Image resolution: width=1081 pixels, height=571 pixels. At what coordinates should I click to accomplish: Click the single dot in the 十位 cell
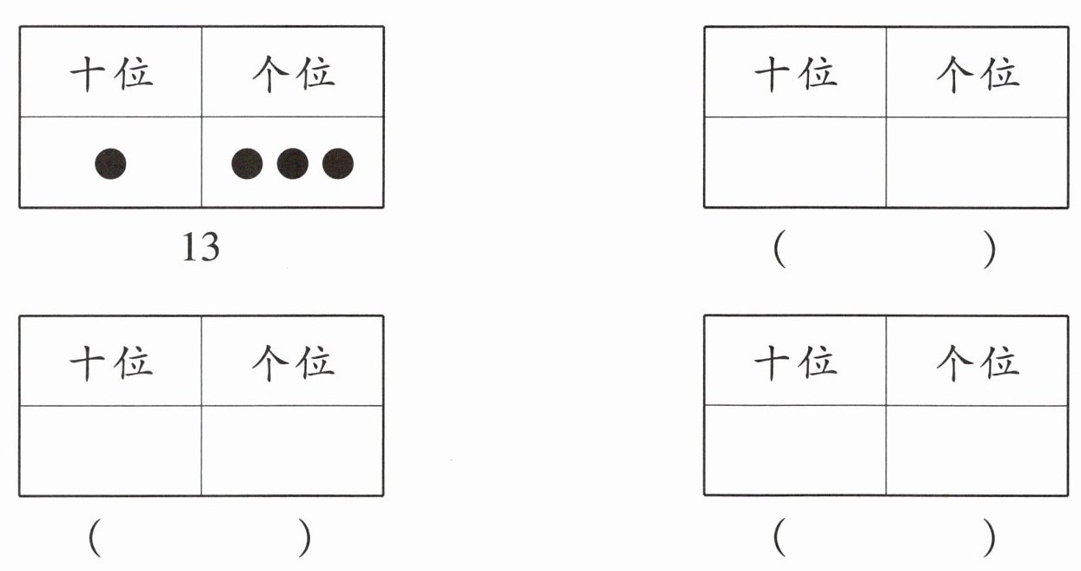[x=110, y=163]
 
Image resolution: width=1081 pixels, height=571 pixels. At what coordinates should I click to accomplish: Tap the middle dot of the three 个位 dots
[x=292, y=163]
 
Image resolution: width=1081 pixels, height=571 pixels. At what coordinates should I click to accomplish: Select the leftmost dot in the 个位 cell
[x=247, y=163]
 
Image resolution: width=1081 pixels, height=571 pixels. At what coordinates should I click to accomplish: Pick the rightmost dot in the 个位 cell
[x=338, y=163]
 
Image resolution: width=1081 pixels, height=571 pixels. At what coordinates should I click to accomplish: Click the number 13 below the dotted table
[x=201, y=249]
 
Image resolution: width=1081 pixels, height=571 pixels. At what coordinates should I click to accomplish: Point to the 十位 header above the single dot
[x=111, y=73]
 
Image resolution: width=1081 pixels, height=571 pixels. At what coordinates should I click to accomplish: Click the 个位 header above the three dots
[x=293, y=73]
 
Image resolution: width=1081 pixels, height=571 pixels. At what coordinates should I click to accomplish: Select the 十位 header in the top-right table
[x=795, y=73]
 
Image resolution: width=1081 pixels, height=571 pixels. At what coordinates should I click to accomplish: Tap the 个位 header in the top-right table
[x=977, y=73]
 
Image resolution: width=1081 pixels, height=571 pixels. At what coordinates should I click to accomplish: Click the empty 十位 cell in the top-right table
[x=795, y=163]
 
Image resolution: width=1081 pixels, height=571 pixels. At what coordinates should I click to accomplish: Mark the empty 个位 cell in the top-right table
[x=977, y=163]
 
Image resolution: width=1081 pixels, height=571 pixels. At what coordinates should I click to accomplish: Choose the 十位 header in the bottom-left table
[x=111, y=362]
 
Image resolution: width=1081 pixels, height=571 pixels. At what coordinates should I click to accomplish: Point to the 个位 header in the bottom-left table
[x=293, y=362]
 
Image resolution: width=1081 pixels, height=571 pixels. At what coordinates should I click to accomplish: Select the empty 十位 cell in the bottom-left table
[x=110, y=451]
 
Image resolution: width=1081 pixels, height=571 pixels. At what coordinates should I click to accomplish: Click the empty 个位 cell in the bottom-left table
[x=292, y=451]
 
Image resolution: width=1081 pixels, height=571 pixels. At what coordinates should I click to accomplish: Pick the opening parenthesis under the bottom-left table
[x=95, y=540]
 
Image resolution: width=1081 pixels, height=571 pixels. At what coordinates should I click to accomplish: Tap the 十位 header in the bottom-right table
[x=795, y=362]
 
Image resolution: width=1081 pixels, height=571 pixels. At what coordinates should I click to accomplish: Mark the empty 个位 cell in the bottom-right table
[x=977, y=451]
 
